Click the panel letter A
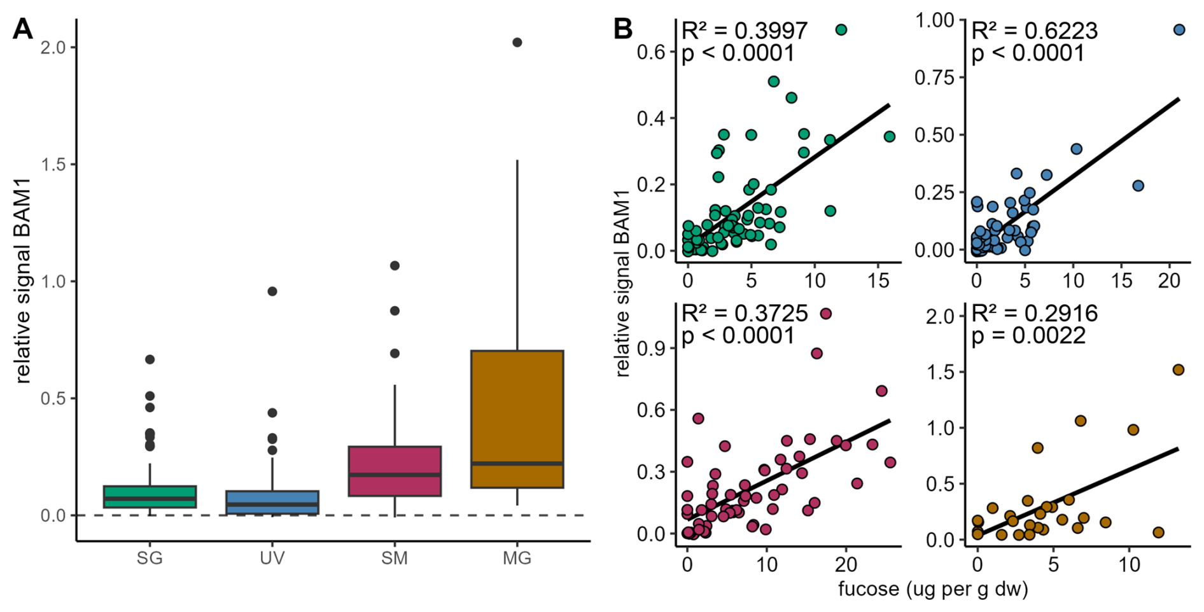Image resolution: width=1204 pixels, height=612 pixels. [22, 29]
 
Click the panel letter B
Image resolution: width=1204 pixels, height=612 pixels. [623, 29]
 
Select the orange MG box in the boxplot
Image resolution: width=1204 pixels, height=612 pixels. [517, 419]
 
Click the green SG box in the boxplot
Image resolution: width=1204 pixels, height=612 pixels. [150, 496]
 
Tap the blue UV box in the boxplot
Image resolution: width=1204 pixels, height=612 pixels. [272, 502]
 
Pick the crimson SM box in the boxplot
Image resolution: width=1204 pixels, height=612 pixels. [395, 471]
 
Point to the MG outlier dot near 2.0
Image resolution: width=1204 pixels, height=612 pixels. [517, 43]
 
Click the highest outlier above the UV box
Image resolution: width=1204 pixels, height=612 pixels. [272, 291]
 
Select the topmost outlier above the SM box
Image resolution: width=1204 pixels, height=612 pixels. [395, 265]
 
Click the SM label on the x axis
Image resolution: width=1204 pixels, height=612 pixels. [395, 559]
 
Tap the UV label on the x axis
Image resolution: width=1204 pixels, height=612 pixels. [272, 559]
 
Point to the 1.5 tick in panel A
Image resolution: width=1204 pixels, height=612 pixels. [55, 164]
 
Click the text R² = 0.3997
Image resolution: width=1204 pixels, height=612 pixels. [744, 31]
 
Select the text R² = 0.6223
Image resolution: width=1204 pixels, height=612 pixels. [1035, 31]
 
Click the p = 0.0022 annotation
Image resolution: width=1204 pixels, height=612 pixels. [1028, 336]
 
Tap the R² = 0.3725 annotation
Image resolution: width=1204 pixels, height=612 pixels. [744, 313]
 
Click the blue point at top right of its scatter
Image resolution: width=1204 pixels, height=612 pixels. [1179, 30]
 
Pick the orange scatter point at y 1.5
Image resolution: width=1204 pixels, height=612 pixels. [1178, 370]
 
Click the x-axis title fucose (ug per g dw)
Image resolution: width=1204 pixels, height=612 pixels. [933, 589]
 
